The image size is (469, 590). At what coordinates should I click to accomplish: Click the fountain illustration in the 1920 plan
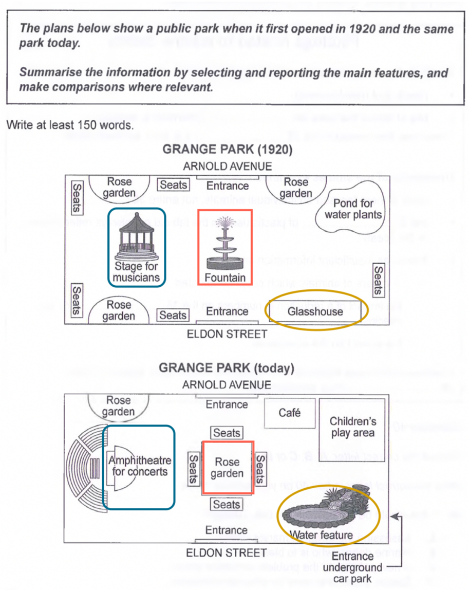click(x=224, y=244)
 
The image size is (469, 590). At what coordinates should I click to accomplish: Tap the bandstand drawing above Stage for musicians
click(x=136, y=236)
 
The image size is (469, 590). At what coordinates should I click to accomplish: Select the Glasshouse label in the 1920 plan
click(x=315, y=312)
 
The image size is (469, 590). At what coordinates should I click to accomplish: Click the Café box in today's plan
click(x=289, y=413)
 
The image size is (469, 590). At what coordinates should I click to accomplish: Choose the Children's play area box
click(x=352, y=427)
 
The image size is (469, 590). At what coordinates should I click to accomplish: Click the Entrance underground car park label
click(x=353, y=567)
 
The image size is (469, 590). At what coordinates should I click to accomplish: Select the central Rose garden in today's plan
click(x=227, y=468)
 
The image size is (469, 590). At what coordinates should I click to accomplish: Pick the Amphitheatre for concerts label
click(x=139, y=466)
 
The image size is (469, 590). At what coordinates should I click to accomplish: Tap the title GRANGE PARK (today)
click(x=227, y=368)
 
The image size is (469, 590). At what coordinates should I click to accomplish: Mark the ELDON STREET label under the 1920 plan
click(x=227, y=334)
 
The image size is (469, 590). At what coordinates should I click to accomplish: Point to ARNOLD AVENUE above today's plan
click(x=227, y=384)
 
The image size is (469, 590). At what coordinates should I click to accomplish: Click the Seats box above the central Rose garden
click(x=227, y=433)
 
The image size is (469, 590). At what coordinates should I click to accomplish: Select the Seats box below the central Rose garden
click(x=227, y=504)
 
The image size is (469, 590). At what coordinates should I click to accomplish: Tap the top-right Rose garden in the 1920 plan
click(x=296, y=188)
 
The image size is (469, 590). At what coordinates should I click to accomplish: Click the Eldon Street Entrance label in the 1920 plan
click(x=227, y=311)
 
